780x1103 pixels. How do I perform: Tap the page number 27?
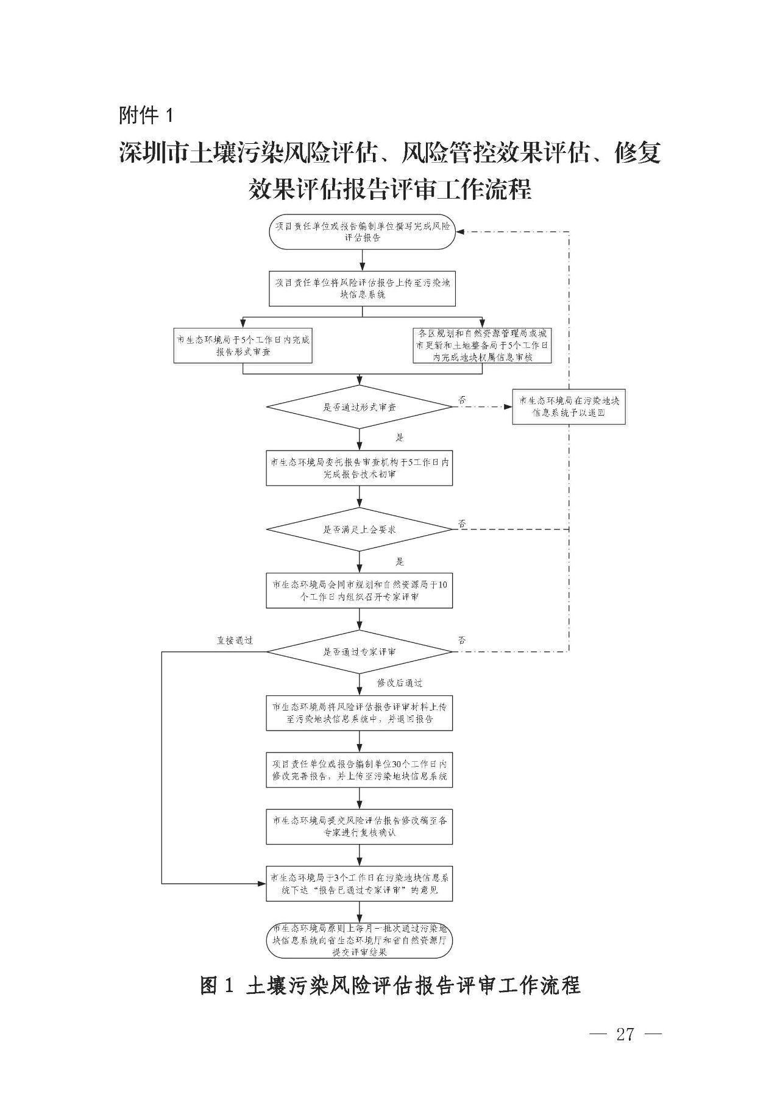(625, 1034)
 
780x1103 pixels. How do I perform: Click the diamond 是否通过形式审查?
(360, 406)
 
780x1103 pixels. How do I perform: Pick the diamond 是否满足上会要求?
(360, 529)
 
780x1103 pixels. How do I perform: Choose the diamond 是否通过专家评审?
(360, 651)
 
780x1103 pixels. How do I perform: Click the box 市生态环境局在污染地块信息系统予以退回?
(569, 406)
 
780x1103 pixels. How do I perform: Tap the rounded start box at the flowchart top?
(363, 232)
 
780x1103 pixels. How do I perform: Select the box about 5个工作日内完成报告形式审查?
(243, 346)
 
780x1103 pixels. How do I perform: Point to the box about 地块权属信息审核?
(482, 346)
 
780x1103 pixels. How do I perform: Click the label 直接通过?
(235, 640)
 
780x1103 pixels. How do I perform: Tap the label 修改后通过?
(399, 683)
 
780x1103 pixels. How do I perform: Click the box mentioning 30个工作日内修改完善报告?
(360, 770)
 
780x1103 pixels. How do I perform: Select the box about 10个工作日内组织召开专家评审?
(360, 591)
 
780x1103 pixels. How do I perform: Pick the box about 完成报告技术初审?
(360, 468)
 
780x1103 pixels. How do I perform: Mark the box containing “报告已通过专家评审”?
(360, 884)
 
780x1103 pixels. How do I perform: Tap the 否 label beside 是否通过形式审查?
(462, 400)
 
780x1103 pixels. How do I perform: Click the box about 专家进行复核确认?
(360, 826)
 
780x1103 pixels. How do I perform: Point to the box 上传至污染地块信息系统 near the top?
(363, 289)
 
